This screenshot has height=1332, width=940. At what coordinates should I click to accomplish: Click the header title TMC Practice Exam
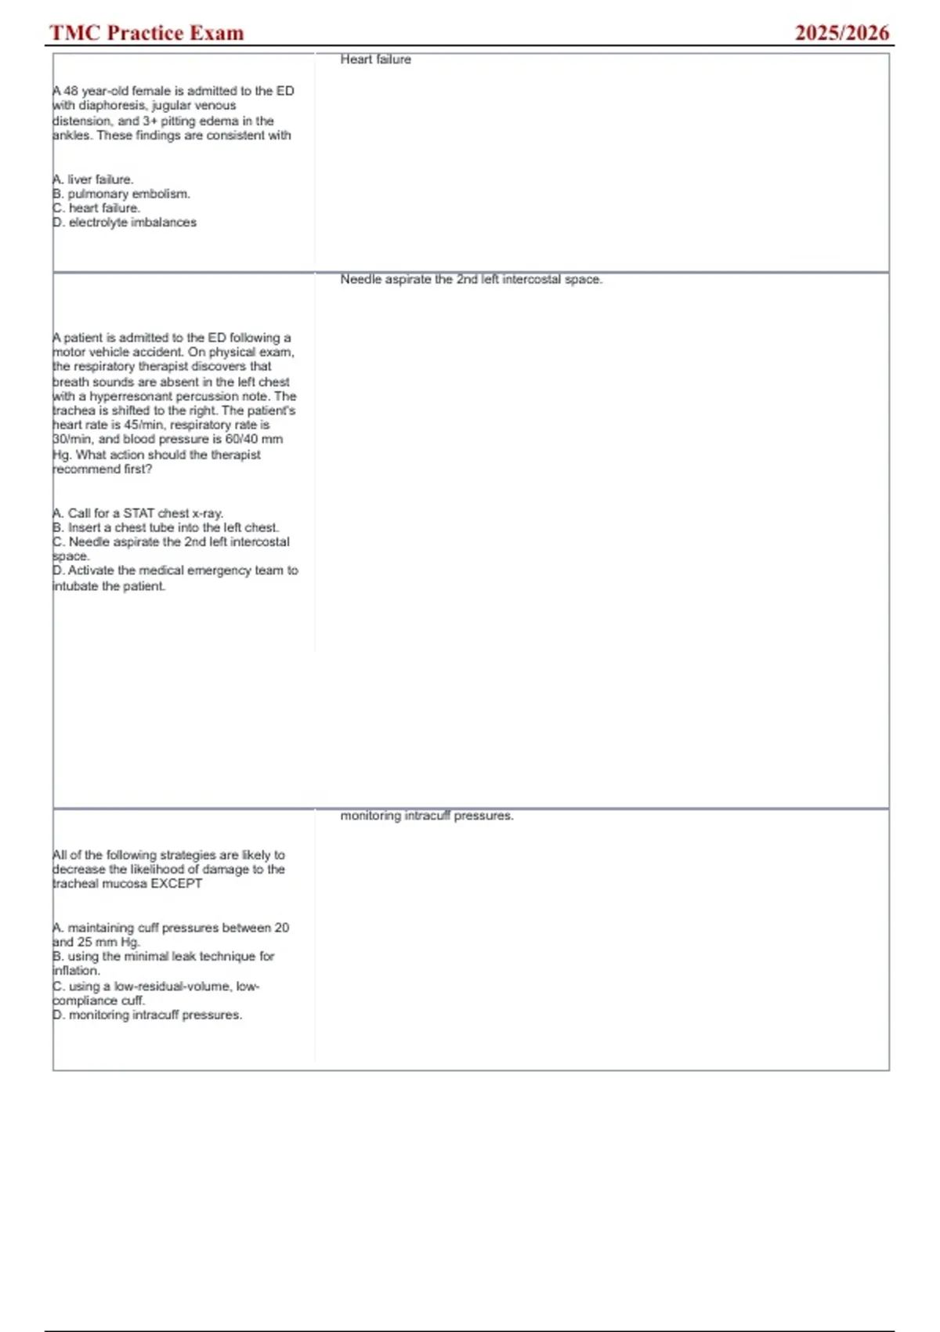coord(146,33)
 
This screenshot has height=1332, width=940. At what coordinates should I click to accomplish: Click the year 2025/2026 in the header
coord(841,33)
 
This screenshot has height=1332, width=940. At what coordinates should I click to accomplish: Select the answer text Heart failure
coord(375,60)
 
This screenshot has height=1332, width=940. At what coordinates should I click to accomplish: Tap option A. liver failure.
coord(93,179)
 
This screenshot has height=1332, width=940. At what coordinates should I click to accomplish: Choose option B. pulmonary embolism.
coord(121,194)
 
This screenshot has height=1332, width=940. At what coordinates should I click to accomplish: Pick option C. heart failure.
coord(96,208)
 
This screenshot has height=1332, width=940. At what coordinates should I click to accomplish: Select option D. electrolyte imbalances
coord(125,223)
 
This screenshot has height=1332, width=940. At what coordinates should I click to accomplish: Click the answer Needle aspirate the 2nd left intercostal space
coord(471,280)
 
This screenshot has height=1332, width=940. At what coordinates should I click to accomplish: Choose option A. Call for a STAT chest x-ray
coord(139,513)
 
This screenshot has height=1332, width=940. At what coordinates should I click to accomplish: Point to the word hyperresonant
coord(125,396)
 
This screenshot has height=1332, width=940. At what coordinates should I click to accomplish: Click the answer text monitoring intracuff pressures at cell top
coord(427,816)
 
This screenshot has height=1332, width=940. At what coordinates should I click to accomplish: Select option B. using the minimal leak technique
coord(164,957)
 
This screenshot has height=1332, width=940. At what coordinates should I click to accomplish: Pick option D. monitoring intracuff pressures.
coord(148,1015)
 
